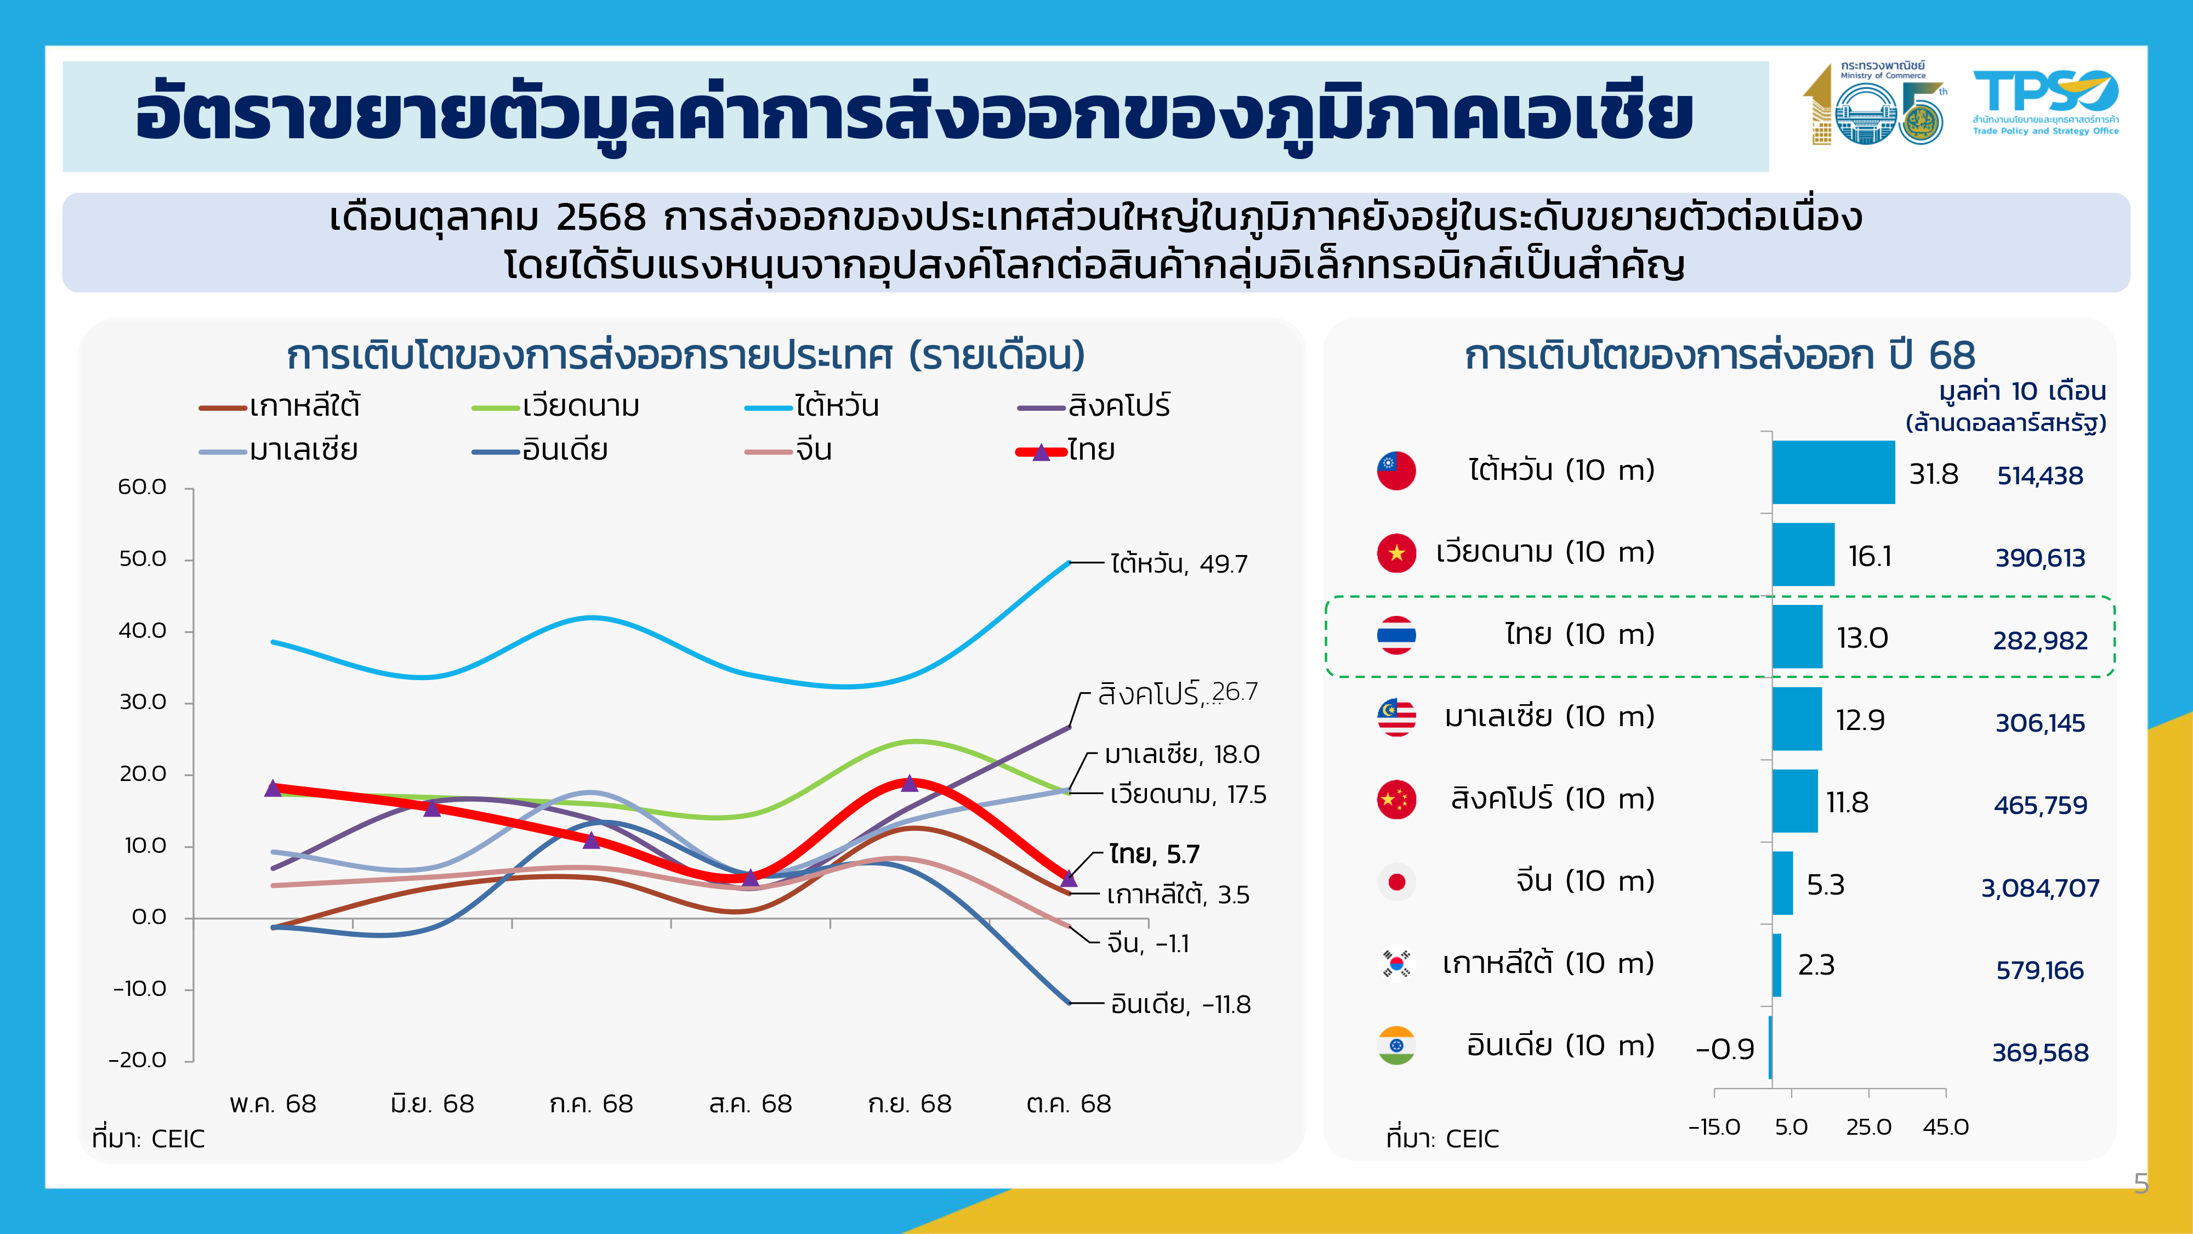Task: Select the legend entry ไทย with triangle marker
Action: (1065, 450)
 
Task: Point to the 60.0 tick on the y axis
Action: (142, 487)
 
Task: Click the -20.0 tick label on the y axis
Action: (138, 1060)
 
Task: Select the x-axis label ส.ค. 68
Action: (750, 1105)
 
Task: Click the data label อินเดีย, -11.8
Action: (1180, 1005)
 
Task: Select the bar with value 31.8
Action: (1833, 473)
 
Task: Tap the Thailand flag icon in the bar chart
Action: (1396, 635)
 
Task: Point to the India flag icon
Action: (1396, 1046)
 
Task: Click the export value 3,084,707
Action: (2039, 888)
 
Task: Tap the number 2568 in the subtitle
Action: (600, 218)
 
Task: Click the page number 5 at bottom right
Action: (2141, 1184)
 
